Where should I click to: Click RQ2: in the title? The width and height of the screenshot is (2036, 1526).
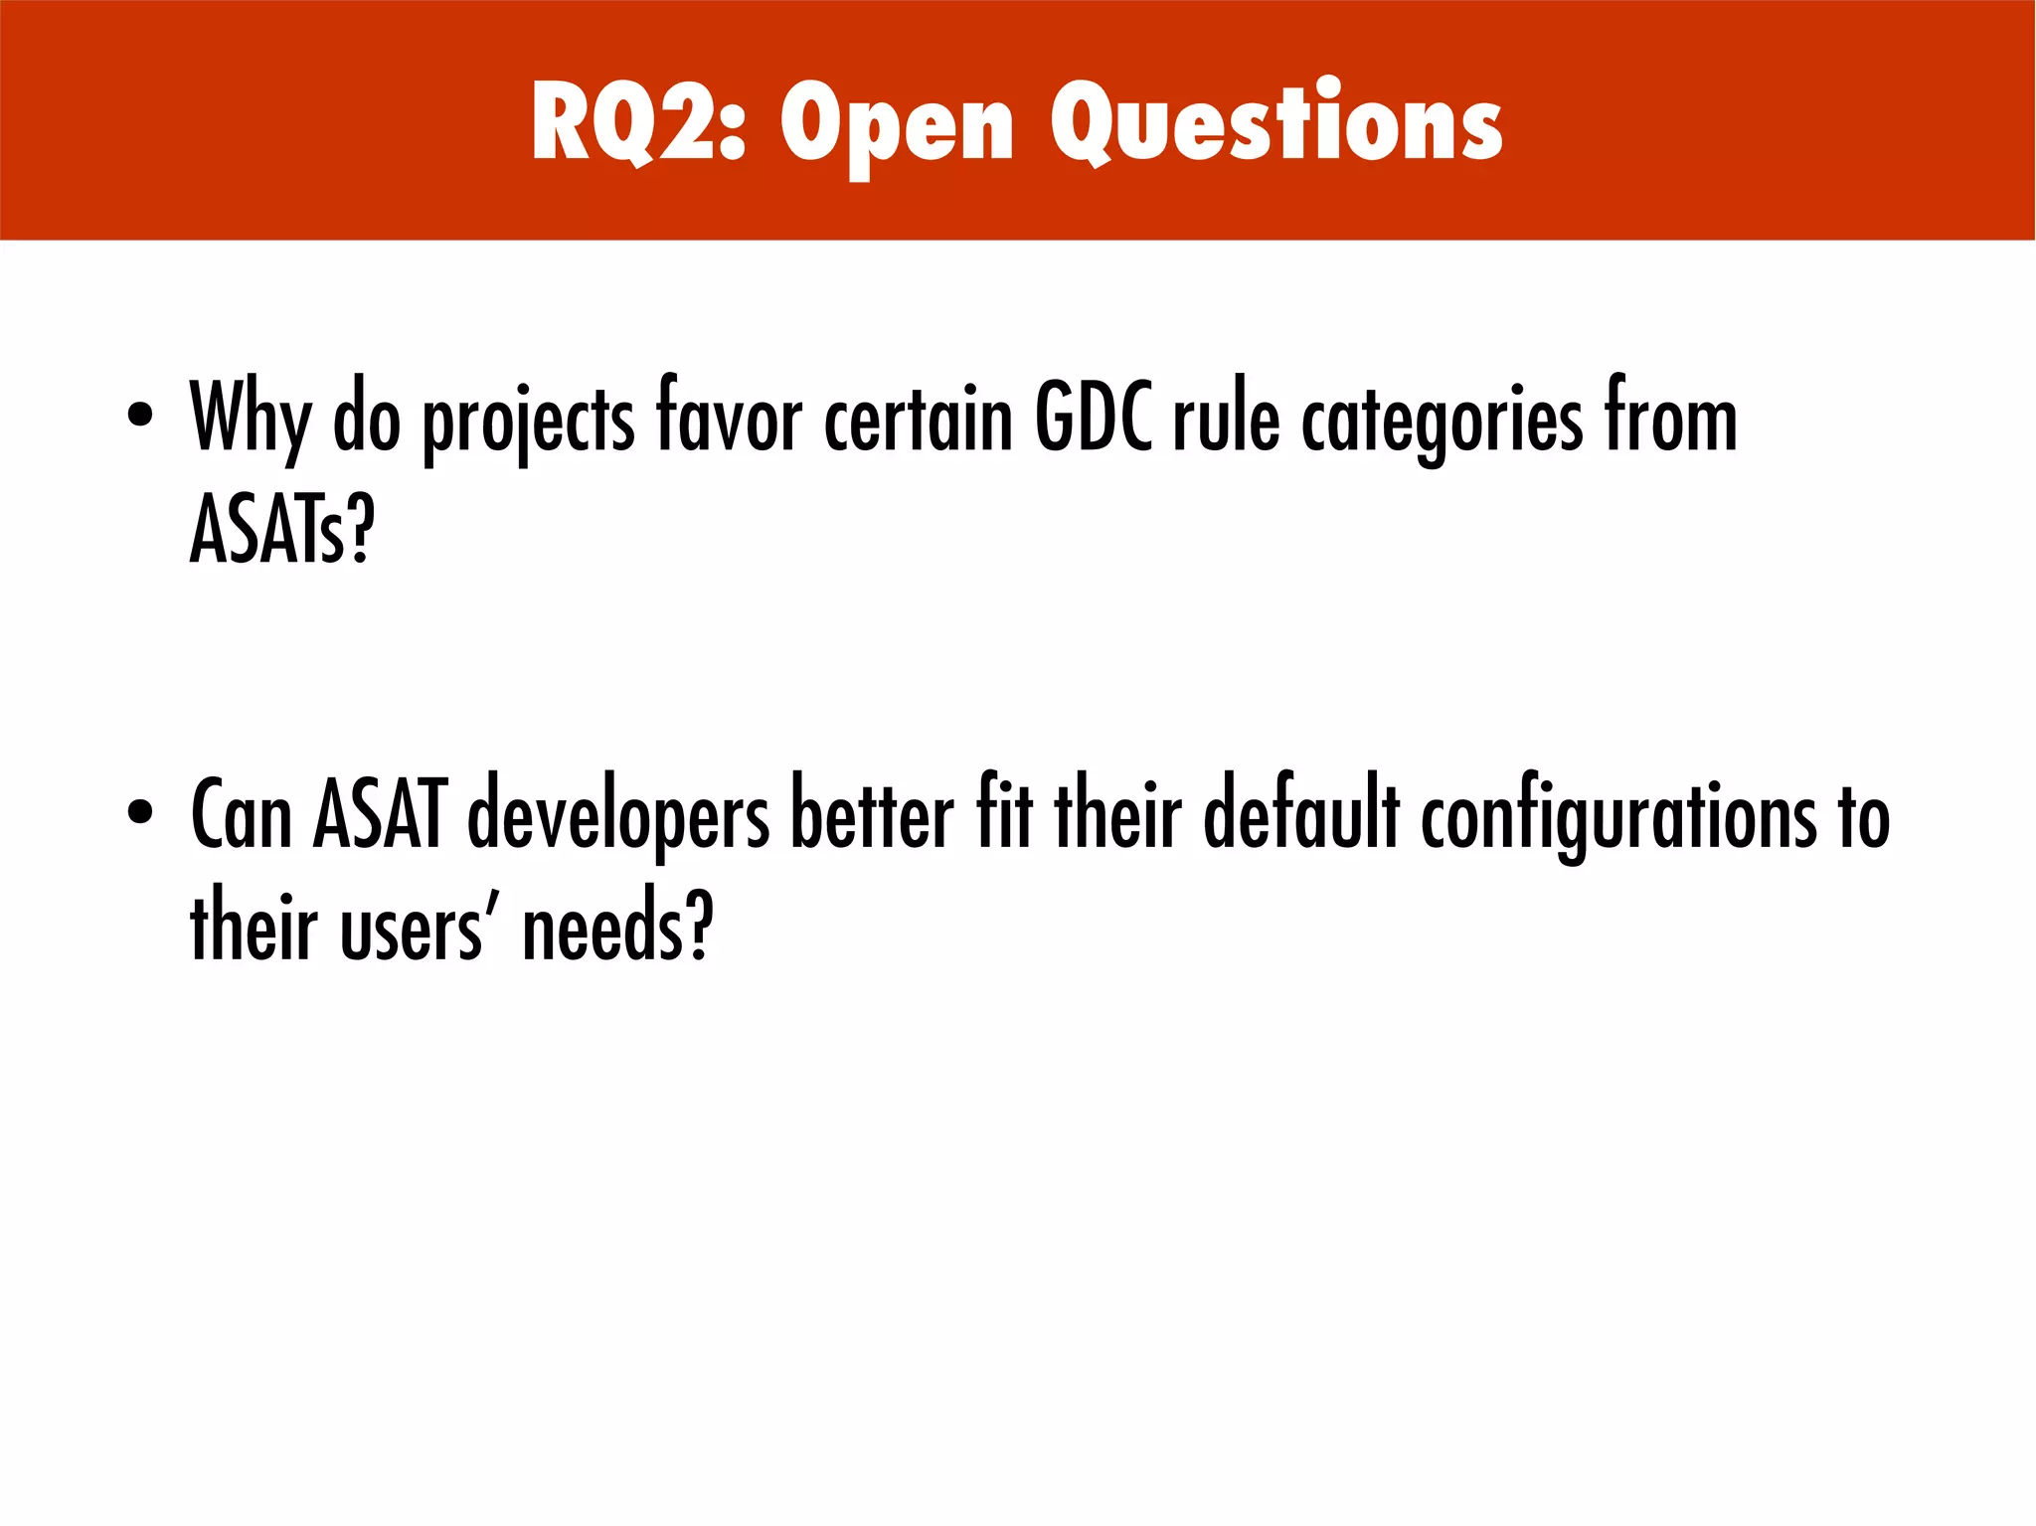click(637, 121)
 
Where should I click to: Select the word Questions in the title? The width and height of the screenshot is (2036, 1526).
click(1275, 121)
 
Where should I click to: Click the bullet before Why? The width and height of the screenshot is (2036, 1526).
click(140, 415)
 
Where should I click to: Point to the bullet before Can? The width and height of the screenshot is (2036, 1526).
click(140, 811)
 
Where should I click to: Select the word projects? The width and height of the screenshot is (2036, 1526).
click(528, 422)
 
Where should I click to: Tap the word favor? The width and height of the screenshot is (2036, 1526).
click(728, 418)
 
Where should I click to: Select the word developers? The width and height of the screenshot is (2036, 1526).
click(617, 817)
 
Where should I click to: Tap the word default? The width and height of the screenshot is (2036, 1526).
click(1301, 815)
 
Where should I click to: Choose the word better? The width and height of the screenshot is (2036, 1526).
click(871, 815)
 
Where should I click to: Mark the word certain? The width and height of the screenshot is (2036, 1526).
click(918, 418)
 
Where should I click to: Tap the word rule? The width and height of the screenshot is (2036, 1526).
click(1226, 418)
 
